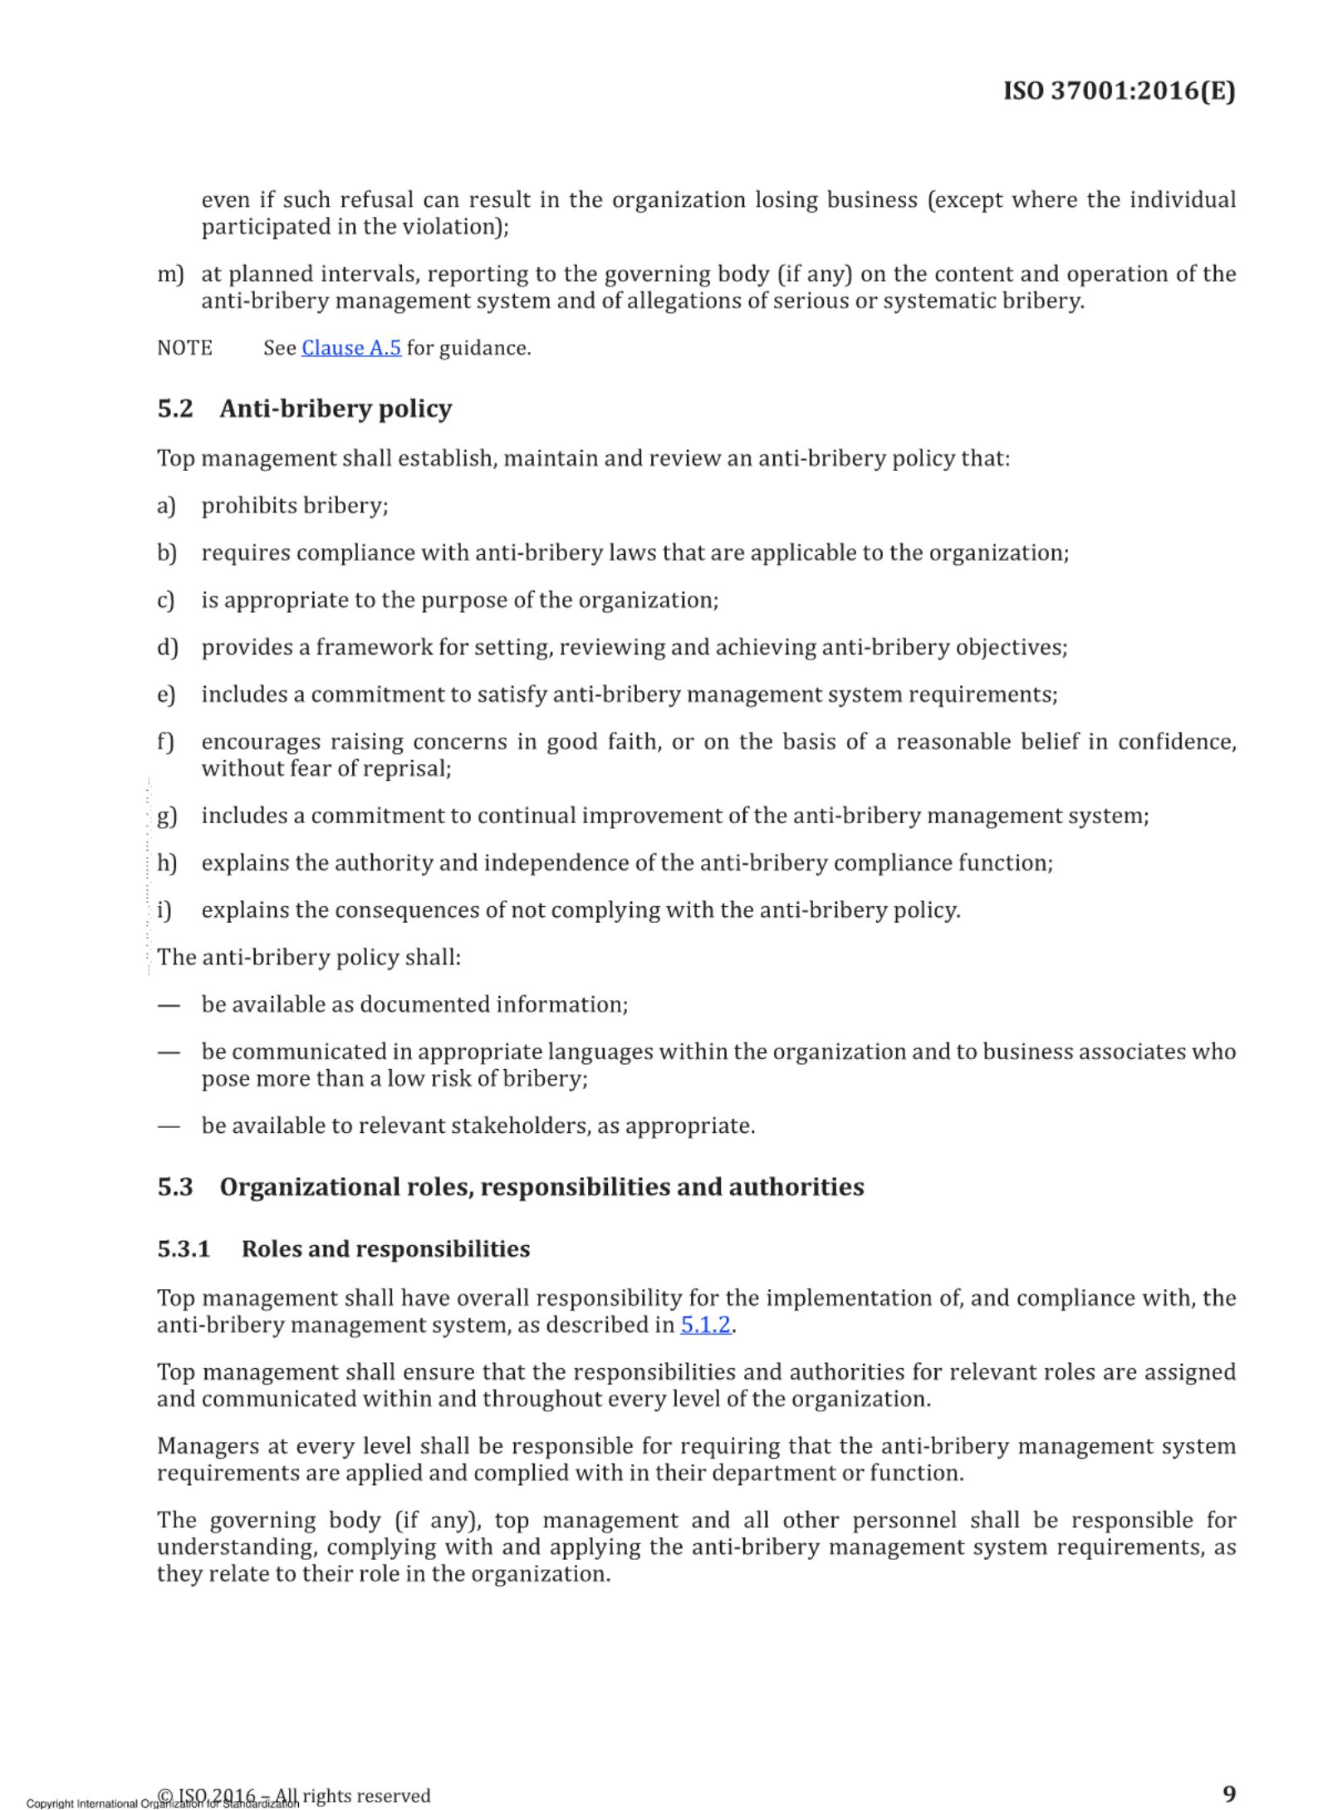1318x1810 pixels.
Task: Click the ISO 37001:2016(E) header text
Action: [1119, 91]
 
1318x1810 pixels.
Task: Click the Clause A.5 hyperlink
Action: [350, 348]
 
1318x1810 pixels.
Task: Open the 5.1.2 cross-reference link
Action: [705, 1325]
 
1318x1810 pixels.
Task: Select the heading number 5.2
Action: [175, 409]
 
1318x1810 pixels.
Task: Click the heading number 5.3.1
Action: [184, 1249]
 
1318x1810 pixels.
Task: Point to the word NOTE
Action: [184, 348]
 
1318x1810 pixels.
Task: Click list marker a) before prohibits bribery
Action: [166, 506]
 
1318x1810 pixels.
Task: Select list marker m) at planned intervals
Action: [169, 274]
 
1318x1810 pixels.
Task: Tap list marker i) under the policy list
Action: [164, 910]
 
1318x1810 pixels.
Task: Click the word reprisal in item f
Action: [410, 768]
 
